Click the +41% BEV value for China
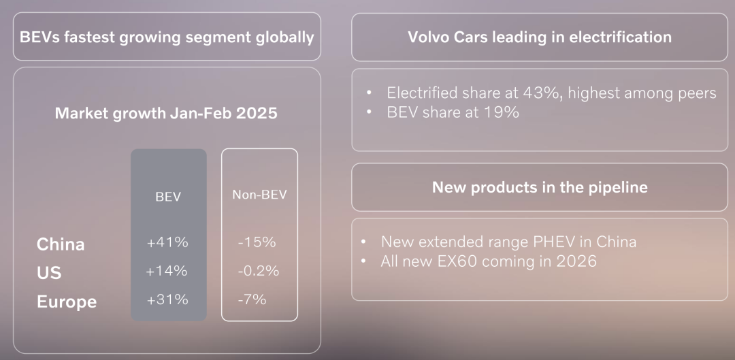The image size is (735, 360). tap(167, 242)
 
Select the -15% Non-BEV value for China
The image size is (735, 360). tap(257, 242)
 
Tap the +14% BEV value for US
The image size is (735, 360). tap(167, 271)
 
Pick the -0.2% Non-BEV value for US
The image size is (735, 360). tap(259, 271)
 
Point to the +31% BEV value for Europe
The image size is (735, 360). tap(167, 299)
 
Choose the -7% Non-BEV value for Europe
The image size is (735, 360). tap(252, 299)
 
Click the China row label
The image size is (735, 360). tap(61, 244)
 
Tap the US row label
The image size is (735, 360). tap(49, 273)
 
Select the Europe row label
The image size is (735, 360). tap(67, 302)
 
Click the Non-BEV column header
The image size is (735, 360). tap(259, 195)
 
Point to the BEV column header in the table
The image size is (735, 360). tap(168, 197)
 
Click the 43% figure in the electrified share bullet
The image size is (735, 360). tap(545, 93)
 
